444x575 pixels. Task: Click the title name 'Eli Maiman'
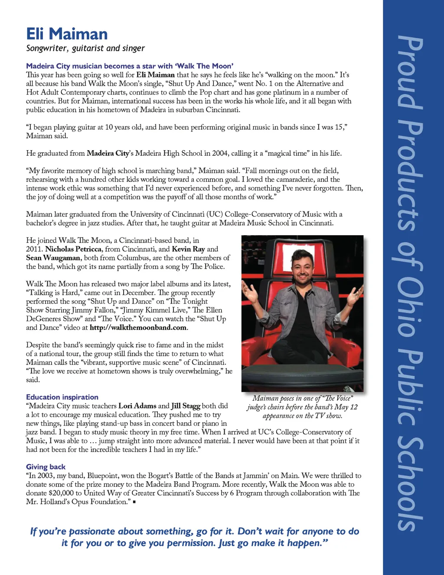coord(67,34)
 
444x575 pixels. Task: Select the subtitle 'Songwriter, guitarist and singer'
coord(85,48)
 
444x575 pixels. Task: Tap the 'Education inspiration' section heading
coord(62,397)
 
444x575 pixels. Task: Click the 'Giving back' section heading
coord(46,467)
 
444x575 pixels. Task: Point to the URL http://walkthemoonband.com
coord(138,328)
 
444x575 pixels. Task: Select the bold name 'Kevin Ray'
coord(188,249)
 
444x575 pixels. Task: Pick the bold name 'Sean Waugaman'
coord(53,258)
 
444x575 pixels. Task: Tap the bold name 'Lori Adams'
coord(137,406)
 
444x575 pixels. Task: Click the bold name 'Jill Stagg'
coord(186,406)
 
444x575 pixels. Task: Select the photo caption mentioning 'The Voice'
coord(302,407)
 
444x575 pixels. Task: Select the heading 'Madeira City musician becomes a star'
coord(130,66)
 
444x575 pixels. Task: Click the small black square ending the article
coord(134,502)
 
